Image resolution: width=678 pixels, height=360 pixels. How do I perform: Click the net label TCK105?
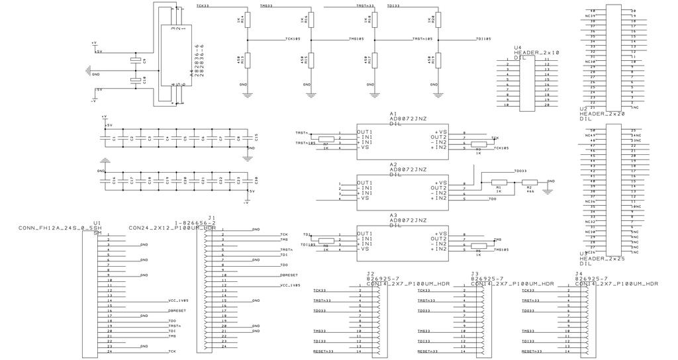pyautogui.click(x=293, y=39)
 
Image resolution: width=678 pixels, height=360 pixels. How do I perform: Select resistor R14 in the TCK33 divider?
pyautogui.click(x=248, y=20)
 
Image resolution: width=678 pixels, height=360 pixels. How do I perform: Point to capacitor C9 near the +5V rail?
pyautogui.click(x=137, y=60)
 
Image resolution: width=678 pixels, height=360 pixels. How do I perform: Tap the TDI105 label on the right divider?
pyautogui.click(x=483, y=39)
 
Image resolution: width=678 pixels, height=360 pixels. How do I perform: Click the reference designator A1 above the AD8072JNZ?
pyautogui.click(x=393, y=113)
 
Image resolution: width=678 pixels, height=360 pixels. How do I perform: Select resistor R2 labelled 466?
pyautogui.click(x=530, y=182)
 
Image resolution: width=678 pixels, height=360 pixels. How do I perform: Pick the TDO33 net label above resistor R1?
pyautogui.click(x=520, y=171)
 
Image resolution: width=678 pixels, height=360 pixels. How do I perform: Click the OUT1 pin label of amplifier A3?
pyautogui.click(x=365, y=234)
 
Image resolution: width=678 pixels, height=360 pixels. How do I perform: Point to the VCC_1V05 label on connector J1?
pyautogui.click(x=289, y=285)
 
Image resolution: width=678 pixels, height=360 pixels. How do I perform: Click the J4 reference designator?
pyautogui.click(x=579, y=273)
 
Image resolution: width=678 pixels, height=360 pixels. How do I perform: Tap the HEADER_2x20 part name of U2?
pyautogui.click(x=602, y=114)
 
